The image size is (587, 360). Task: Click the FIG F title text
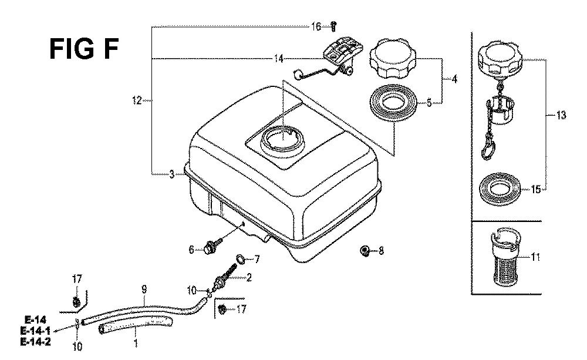[84, 49]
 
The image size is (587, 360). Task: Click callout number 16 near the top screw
[316, 26]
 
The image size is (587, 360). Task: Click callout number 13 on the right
[561, 115]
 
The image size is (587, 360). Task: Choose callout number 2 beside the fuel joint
[248, 277]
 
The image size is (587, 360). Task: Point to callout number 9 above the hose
[144, 289]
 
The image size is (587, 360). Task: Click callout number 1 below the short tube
[136, 343]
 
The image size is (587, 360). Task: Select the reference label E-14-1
[36, 331]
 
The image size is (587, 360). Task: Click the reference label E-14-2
[36, 342]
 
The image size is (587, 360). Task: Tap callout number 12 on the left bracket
[137, 100]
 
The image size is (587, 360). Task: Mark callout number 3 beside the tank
[172, 174]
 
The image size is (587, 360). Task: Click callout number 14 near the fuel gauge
[278, 59]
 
